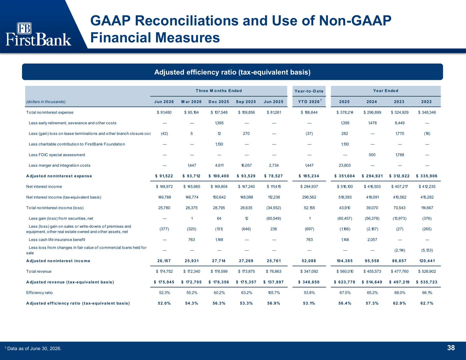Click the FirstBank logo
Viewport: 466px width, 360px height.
pyautogui.click(x=38, y=34)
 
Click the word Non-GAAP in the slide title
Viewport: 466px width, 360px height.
pyautogui.click(x=355, y=21)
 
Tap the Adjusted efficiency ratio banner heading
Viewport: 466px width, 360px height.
pyautogui.click(x=232, y=72)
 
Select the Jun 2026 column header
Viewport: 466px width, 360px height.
pyautogui.click(x=164, y=102)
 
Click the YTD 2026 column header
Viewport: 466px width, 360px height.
pyautogui.click(x=309, y=102)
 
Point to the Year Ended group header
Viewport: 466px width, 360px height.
pyautogui.click(x=386, y=91)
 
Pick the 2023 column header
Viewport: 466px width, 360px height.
pyautogui.click(x=399, y=102)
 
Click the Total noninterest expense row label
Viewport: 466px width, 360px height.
pyautogui.click(x=50, y=112)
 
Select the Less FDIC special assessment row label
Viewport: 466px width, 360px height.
pyautogui.click(x=57, y=155)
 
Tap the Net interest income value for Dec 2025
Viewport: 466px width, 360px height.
pyautogui.click(x=219, y=187)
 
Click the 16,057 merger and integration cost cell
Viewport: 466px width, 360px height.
pyautogui.click(x=246, y=165)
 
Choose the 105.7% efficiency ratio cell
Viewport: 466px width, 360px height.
pyautogui.click(x=274, y=293)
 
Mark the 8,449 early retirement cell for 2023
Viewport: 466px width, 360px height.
pyautogui.click(x=400, y=123)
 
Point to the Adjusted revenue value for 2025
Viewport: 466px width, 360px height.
pyautogui.click(x=344, y=282)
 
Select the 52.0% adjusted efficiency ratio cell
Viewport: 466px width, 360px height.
pyautogui.click(x=164, y=303)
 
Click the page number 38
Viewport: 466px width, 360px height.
pyautogui.click(x=451, y=348)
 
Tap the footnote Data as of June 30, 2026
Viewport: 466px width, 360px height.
pyautogui.click(x=34, y=348)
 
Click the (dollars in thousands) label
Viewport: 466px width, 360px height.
pyautogui.click(x=46, y=102)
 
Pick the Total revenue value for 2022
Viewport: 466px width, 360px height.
pyautogui.click(x=427, y=271)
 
